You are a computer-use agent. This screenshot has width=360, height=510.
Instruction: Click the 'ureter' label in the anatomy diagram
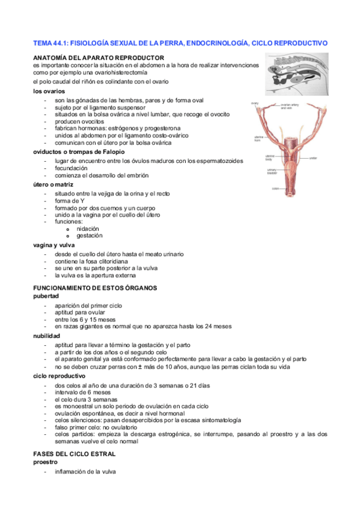click(x=313, y=159)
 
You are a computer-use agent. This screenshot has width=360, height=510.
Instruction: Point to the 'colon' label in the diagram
click(x=275, y=188)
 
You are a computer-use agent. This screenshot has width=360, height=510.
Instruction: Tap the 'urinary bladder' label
click(x=271, y=171)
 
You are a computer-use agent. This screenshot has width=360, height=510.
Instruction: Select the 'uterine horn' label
click(x=259, y=138)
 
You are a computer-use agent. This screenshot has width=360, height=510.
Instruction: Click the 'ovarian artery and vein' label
click(x=290, y=106)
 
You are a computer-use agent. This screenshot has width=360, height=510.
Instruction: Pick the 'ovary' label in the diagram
click(x=255, y=103)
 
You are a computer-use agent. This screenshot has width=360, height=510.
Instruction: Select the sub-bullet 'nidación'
click(x=88, y=229)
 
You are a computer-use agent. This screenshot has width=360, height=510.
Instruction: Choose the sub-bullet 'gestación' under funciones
click(x=89, y=236)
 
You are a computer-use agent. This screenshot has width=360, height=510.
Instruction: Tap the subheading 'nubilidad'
click(x=50, y=336)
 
